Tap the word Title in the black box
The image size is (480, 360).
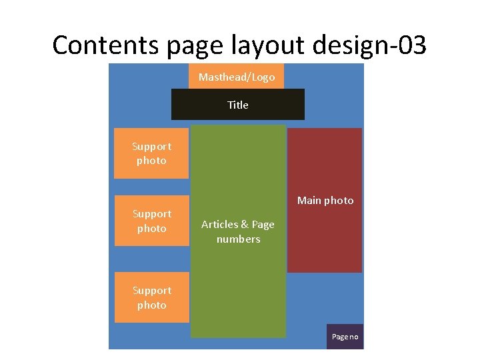coord(238,105)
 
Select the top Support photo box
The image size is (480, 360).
coord(151,153)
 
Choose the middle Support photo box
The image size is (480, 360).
coord(151,221)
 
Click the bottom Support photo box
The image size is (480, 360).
coord(151,297)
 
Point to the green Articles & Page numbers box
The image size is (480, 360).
coord(238,293)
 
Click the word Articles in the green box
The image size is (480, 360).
coord(221,225)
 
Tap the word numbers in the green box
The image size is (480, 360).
coord(238,239)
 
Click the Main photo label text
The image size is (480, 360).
coord(325,201)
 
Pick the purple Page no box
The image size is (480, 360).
coord(345,337)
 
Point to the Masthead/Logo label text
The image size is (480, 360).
coord(237,77)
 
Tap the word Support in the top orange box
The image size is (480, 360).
coord(151,147)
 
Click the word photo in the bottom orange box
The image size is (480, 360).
coord(151,305)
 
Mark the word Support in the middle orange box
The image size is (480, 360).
coord(151,214)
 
